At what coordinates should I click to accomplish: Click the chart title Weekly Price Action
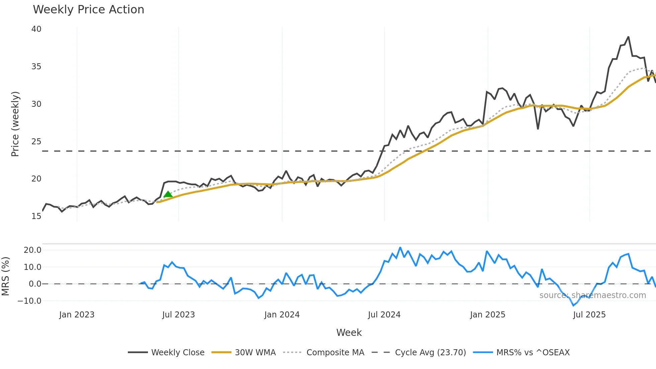coord(88,10)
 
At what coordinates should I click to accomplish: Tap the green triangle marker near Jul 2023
coord(168,194)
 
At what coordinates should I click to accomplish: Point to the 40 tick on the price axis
coord(36,29)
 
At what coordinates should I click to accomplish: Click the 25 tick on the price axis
coord(36,141)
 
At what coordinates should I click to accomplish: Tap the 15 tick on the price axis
coord(36,216)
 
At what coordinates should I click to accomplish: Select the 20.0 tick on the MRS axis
coord(32,250)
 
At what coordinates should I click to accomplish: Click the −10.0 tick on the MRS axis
coord(29,301)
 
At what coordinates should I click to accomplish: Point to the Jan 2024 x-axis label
coord(282,315)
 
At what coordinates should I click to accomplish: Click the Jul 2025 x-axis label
coord(589,315)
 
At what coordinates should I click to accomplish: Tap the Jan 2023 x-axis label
coord(77,315)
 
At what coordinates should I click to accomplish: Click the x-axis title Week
coord(349,333)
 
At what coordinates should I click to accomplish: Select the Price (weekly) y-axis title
coord(15,124)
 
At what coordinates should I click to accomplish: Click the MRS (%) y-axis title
coord(5,276)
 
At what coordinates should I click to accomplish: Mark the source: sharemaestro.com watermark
coord(592,295)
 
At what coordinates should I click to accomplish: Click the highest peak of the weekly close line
coord(628,37)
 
